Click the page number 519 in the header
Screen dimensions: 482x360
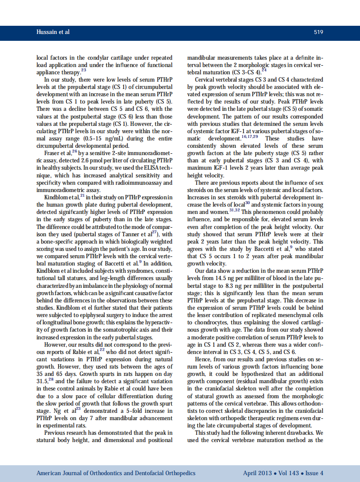pyautogui.click(x=318, y=32)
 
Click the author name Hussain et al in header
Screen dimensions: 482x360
pyautogui.click(x=52, y=32)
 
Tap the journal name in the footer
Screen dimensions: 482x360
pyautogui.click(x=116, y=473)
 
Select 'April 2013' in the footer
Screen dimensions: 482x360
pyautogui.click(x=257, y=473)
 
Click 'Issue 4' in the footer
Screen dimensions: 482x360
pyautogui.click(x=314, y=473)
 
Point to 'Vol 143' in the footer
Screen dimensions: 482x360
pyautogui.click(x=288, y=473)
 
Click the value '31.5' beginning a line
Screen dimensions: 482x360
pyautogui.click(x=43, y=381)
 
